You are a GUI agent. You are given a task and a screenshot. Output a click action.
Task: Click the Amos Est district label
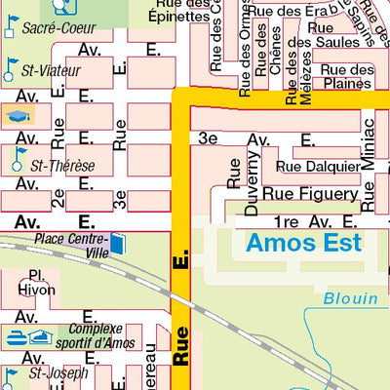click(303, 243)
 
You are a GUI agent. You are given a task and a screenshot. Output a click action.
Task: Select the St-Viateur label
click(55, 70)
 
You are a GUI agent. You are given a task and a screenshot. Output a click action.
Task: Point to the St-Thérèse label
click(61, 166)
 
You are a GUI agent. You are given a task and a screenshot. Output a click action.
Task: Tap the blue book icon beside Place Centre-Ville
click(118, 242)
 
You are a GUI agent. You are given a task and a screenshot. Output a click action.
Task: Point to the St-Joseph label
click(58, 372)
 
